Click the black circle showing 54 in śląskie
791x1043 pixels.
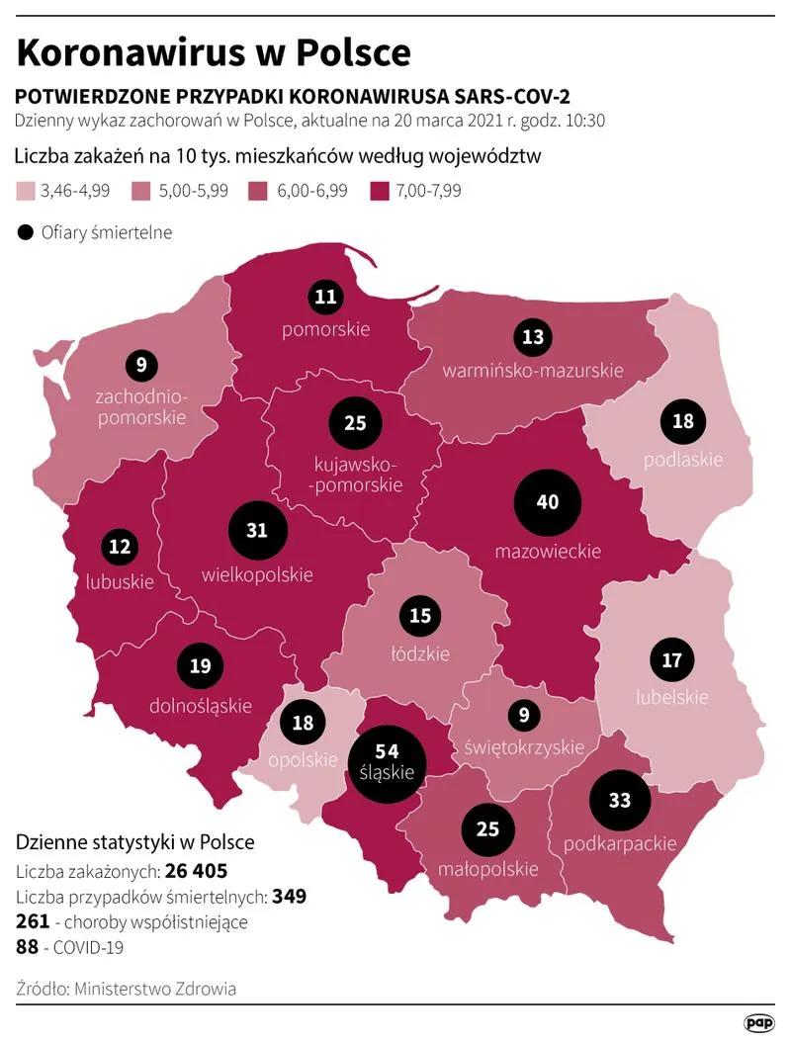point(388,761)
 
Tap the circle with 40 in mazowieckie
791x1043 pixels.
point(547,502)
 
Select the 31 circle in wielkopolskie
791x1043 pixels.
point(257,531)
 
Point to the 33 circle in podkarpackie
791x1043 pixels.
point(620,801)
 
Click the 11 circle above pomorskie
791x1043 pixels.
point(324,296)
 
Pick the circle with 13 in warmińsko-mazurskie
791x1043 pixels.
point(533,337)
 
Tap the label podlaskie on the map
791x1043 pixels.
point(683,460)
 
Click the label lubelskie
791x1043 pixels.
point(671,697)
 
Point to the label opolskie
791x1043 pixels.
point(303,759)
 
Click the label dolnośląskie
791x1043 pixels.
point(200,706)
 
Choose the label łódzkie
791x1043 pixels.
point(419,653)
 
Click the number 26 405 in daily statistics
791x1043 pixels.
point(196,871)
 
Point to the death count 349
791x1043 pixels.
point(290,897)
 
